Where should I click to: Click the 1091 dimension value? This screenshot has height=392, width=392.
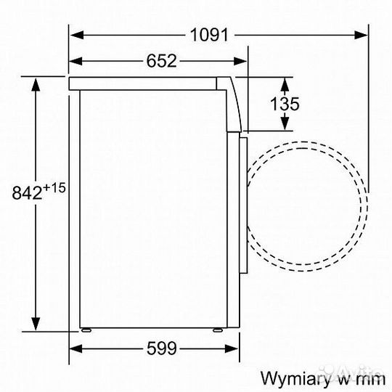(210, 34)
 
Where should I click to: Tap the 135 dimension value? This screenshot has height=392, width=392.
(285, 103)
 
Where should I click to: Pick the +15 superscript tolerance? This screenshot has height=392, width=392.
(55, 187)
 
